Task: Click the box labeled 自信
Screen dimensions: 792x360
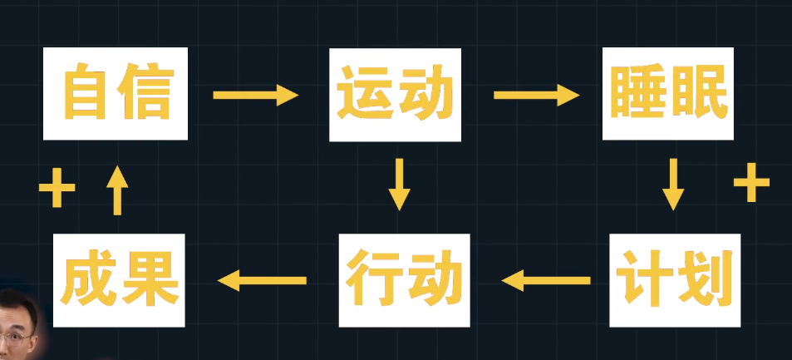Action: click(116, 93)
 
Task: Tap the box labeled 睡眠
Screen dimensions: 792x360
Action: click(669, 93)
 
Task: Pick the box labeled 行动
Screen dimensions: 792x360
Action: click(404, 280)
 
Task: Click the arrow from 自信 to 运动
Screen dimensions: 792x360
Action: click(255, 95)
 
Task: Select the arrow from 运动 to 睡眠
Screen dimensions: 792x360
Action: click(536, 95)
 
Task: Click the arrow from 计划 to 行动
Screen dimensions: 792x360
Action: click(546, 281)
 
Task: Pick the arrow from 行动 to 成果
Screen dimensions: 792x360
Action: click(261, 281)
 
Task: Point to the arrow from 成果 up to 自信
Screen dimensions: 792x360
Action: click(117, 190)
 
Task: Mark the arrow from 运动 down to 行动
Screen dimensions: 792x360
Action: click(400, 184)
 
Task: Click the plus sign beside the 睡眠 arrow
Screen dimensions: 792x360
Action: click(750, 184)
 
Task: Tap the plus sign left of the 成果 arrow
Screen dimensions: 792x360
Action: click(57, 189)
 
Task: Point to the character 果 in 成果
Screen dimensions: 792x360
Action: click(151, 280)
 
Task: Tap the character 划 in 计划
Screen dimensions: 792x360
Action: click(706, 281)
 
